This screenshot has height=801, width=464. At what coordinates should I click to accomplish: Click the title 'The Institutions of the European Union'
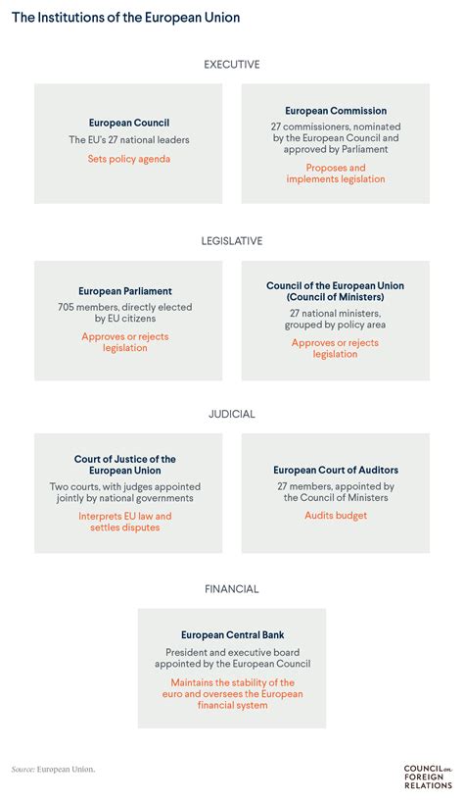point(125,19)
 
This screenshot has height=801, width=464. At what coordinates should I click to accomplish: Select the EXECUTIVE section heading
point(232,65)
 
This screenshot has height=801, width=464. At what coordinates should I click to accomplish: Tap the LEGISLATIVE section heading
point(232,240)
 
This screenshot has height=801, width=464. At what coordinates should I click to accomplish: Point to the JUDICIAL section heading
point(232,414)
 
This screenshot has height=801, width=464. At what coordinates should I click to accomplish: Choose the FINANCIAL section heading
point(232,589)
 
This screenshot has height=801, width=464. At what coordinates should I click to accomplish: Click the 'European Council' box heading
point(129,124)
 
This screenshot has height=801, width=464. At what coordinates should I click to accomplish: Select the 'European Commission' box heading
point(336,111)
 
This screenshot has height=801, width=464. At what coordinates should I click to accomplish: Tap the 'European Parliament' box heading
point(125,291)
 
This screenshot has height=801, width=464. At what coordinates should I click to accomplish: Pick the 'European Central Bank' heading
point(231,635)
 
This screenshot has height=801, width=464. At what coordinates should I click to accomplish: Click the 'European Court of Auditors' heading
point(336,470)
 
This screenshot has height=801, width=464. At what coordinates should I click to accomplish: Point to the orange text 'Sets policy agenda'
point(129,159)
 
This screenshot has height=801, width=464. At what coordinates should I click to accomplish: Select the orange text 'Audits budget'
point(336,515)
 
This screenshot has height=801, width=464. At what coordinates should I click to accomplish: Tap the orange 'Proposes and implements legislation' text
point(336,174)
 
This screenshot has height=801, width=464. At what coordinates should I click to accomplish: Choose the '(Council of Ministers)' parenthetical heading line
point(335,297)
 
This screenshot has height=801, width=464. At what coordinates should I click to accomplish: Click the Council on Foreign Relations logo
point(424,774)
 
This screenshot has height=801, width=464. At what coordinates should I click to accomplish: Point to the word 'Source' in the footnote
point(22,769)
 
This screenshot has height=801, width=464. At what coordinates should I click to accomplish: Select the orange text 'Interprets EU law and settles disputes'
point(125,522)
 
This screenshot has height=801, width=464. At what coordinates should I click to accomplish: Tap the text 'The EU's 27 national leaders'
point(129,139)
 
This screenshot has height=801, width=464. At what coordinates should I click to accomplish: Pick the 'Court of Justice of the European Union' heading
point(125,465)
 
